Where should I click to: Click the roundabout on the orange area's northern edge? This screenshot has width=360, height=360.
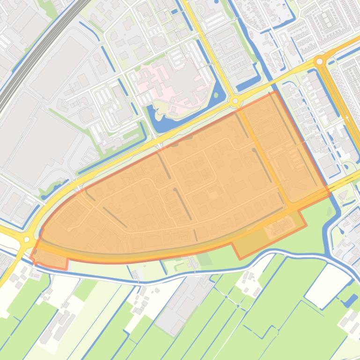235,101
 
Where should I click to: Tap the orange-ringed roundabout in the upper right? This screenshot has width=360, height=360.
320,61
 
